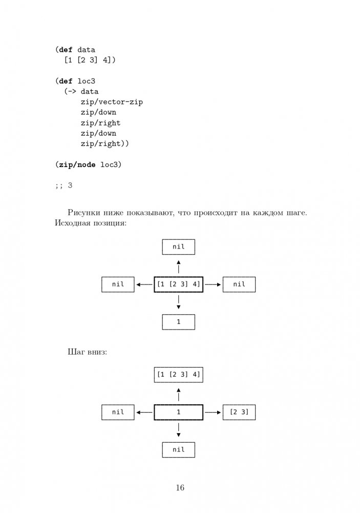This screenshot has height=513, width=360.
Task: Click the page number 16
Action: [x=180, y=487]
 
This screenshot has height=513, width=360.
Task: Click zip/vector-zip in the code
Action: [x=111, y=102]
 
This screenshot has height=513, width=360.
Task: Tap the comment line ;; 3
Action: [x=63, y=186]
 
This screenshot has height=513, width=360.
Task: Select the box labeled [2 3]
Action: [x=239, y=412]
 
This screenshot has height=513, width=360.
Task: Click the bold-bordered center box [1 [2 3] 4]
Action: [x=179, y=284]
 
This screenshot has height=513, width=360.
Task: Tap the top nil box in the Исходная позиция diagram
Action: [x=179, y=247]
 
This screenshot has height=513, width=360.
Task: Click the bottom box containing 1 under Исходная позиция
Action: [x=179, y=322]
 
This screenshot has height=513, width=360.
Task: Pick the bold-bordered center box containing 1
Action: [x=179, y=412]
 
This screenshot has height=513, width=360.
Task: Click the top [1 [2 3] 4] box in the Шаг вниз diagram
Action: [x=179, y=374]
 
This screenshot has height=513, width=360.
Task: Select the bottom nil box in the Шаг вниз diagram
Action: [x=179, y=449]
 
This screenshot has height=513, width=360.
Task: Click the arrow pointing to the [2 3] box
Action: [x=213, y=412]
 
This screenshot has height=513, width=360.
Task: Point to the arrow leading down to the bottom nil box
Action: [x=179, y=430]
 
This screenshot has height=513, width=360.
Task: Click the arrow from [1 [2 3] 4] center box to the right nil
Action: [x=213, y=284]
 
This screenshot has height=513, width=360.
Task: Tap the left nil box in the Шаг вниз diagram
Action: [x=118, y=412]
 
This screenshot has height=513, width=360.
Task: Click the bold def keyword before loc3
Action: [x=66, y=81]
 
